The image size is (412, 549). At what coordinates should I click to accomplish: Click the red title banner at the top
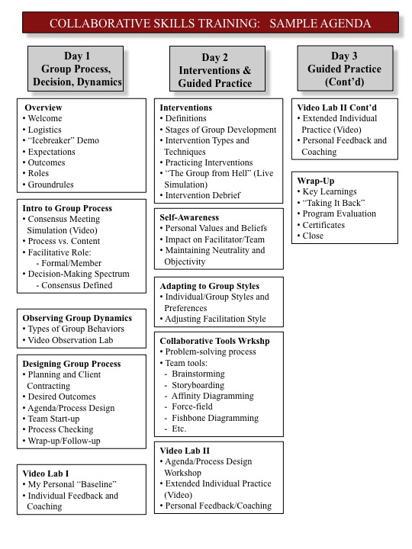(211, 23)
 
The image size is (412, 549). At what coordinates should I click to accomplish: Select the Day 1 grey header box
(76, 69)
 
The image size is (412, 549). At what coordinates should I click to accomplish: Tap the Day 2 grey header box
(217, 69)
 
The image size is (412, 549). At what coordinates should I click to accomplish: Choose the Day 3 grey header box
(345, 69)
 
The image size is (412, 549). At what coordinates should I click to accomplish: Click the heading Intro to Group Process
(67, 208)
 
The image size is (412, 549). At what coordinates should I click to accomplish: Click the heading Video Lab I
(46, 474)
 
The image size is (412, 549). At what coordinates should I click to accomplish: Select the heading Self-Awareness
(189, 217)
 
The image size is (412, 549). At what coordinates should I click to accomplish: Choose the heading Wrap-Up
(316, 181)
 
